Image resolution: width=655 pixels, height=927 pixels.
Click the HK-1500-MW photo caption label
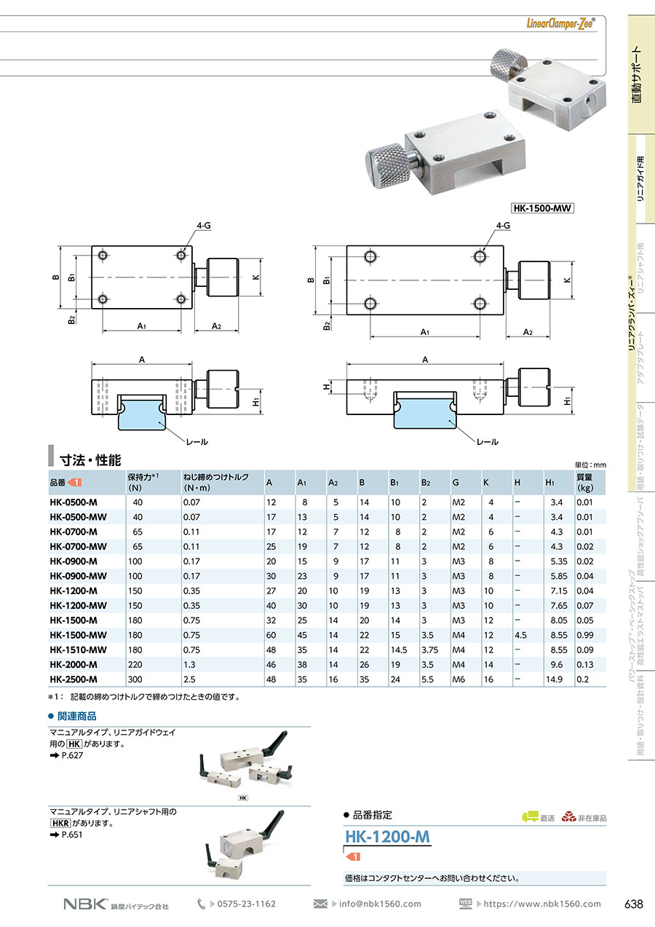543,208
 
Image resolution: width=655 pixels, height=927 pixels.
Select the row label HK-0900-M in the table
74,561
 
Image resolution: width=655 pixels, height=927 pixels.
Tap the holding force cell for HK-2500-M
135,679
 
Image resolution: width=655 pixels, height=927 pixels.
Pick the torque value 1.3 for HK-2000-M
189,664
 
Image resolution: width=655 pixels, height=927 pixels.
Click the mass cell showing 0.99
585,635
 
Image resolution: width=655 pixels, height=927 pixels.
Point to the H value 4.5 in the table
520,635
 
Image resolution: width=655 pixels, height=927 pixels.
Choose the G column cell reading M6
458,679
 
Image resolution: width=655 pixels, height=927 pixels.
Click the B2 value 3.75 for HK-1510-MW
429,650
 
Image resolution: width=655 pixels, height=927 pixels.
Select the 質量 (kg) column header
585,483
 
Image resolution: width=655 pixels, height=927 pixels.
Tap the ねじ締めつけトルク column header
216,483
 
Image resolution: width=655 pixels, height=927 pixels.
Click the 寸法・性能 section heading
90,460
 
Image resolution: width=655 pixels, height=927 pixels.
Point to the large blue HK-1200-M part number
387,837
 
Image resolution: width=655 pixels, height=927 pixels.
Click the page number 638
633,904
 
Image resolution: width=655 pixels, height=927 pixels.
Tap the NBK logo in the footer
86,904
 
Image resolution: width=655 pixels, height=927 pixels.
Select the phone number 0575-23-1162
247,904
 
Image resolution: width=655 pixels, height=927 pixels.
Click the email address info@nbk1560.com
380,904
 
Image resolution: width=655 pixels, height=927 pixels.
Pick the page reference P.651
72,835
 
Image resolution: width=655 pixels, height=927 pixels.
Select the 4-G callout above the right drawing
503,226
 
